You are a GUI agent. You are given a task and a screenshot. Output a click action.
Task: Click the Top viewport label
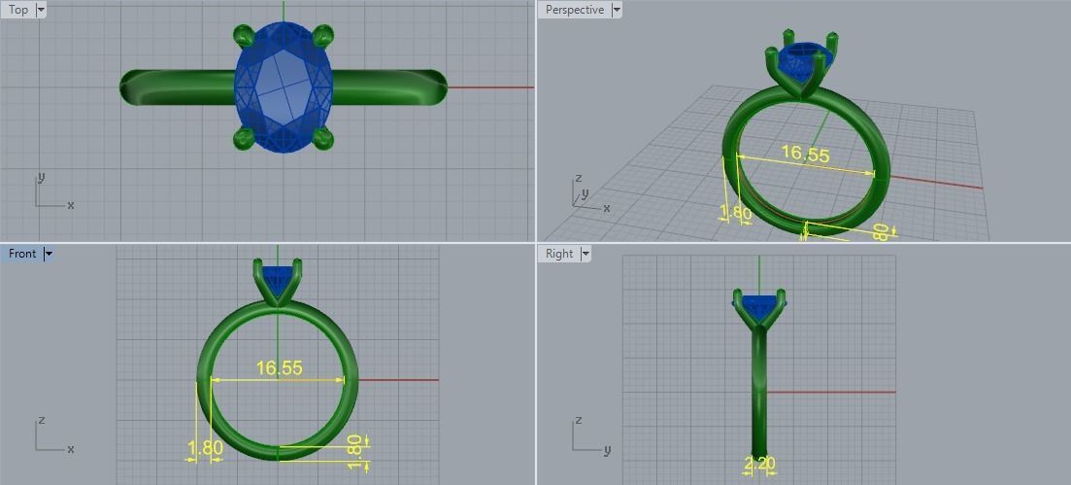point(18,10)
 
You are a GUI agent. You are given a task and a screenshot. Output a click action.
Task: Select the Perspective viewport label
point(574,10)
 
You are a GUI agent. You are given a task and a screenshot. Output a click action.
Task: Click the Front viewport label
point(21,254)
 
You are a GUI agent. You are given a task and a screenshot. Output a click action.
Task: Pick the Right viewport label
point(559,254)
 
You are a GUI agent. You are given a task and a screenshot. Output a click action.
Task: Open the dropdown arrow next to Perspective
point(616,10)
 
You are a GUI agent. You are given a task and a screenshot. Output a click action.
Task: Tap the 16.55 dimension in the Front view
point(279,368)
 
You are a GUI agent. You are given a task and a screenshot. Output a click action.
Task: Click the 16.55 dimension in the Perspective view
point(805,155)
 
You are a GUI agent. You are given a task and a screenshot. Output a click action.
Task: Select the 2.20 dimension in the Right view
point(759,465)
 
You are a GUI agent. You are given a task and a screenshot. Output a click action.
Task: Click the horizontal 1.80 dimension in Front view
point(205,448)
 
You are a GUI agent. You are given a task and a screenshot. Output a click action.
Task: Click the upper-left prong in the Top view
point(244,36)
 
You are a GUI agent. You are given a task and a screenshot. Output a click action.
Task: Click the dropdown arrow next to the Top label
point(40,10)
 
